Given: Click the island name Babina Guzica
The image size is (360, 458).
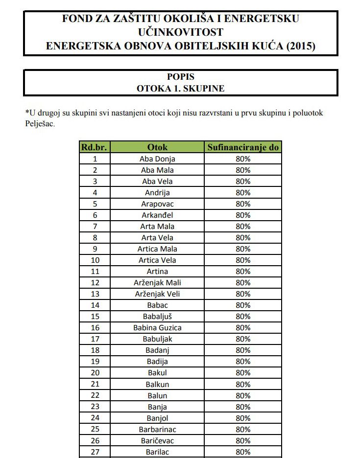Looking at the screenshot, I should pos(157,328).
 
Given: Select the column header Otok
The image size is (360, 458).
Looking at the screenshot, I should pos(157,147).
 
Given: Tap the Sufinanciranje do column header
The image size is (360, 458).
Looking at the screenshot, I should pos(243,147).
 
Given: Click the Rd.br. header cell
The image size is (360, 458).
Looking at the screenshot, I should pos(95,147).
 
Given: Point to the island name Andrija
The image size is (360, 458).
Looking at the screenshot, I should pos(157,193).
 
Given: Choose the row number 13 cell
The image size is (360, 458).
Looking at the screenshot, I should pos(95,294).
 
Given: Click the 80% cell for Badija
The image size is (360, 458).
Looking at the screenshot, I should pos(243,362).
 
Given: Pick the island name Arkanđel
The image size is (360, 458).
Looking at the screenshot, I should pos(157,215).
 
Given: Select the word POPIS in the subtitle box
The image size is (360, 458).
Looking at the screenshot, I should pos(181,77).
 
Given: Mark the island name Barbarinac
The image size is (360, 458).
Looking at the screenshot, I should pos(157,430).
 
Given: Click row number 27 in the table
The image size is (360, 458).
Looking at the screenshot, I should pos(95,452).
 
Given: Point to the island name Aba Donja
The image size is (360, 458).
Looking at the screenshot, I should pos(157,159).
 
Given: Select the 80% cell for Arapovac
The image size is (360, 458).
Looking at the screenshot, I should pos(243,204).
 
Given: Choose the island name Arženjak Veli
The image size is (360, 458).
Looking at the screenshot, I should pos(157,294).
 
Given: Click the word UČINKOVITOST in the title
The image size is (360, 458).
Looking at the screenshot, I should pos(181,32).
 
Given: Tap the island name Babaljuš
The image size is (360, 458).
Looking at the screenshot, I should pos(157,317).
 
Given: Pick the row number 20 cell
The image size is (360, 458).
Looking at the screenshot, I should pos(95,373).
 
